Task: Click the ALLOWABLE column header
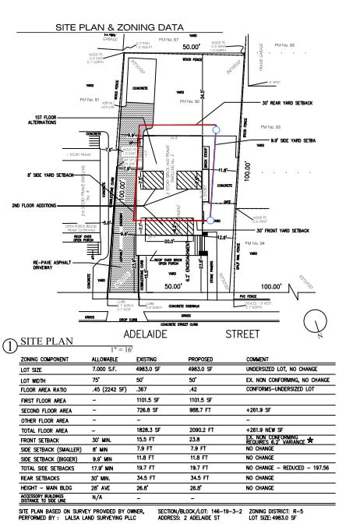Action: (108, 358)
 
